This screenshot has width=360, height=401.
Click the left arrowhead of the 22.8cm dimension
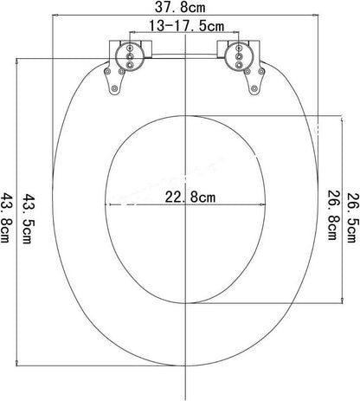(x=107, y=205)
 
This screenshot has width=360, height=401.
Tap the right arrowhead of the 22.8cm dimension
(x=262, y=205)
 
